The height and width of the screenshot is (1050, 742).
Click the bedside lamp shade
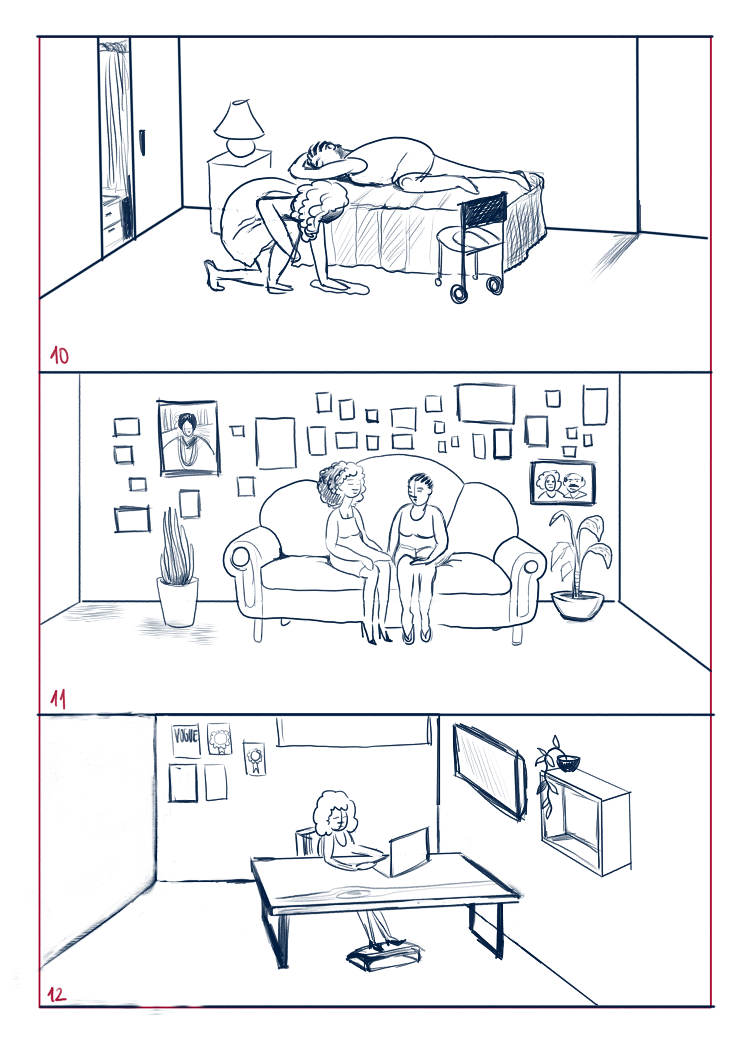coord(239,119)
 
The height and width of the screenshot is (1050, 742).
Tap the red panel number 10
coord(60,355)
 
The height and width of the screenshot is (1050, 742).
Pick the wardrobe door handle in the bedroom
coord(142,143)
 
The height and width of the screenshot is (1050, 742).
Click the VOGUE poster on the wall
coord(185,740)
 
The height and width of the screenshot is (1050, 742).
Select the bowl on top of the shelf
coord(568,763)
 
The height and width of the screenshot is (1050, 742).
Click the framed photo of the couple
coord(563,483)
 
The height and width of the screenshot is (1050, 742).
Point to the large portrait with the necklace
coord(188,438)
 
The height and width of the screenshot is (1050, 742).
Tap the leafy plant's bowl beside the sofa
coord(577,605)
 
